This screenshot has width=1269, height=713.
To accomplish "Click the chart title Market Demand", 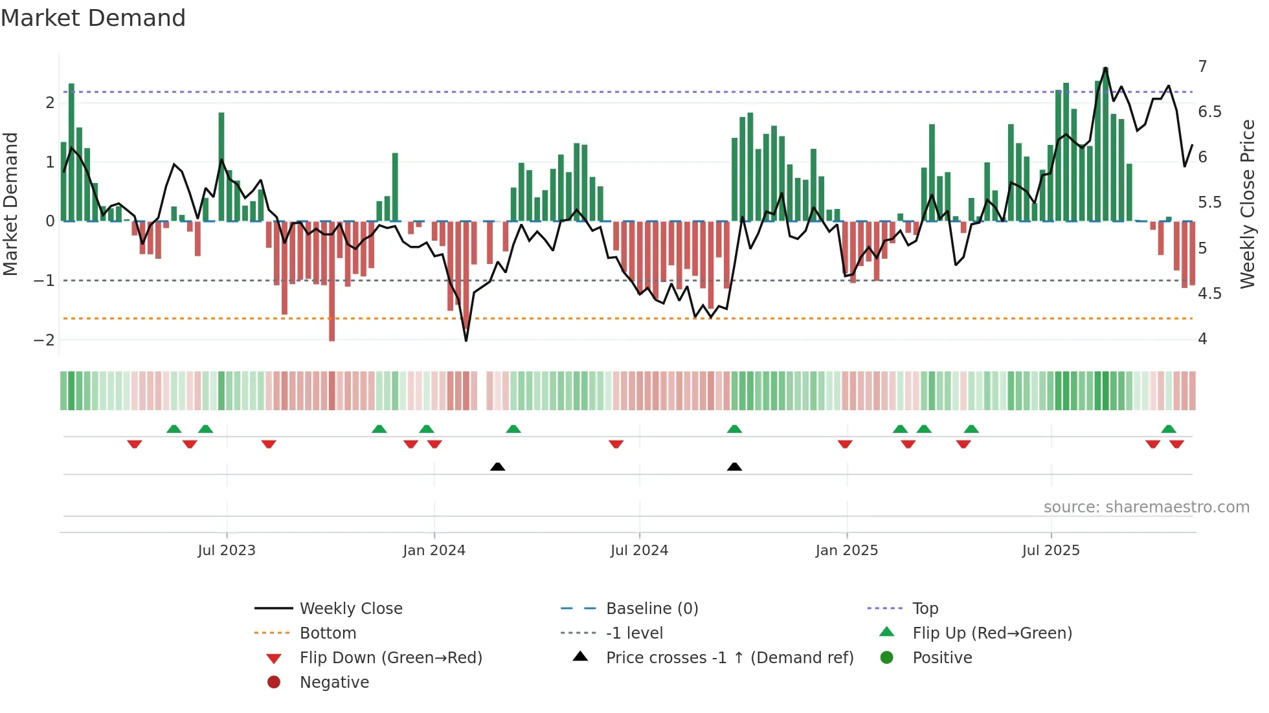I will click(x=93, y=18).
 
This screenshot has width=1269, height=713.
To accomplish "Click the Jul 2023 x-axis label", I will click(x=227, y=551).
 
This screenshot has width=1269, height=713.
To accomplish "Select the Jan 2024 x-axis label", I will click(x=434, y=551).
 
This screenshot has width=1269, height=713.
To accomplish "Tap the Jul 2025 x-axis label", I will click(x=1051, y=551).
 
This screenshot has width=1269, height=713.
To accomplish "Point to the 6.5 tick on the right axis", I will click(x=1209, y=112).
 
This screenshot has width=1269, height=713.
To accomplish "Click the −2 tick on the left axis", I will click(x=44, y=340).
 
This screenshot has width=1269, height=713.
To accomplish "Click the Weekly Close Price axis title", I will click(x=1247, y=204).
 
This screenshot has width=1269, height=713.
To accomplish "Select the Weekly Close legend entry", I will click(x=350, y=609).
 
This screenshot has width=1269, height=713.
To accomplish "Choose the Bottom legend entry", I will click(x=328, y=633).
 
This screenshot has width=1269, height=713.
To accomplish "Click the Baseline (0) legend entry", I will click(x=651, y=609).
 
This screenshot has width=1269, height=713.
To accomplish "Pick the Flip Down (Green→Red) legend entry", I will click(x=390, y=658).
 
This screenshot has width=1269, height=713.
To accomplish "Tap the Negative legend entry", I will click(x=334, y=683).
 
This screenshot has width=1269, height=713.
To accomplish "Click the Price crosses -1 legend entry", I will click(x=729, y=658).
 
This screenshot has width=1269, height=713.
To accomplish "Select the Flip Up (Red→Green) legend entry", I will click(x=992, y=633).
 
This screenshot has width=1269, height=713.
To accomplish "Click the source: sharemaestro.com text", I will click(x=1146, y=507).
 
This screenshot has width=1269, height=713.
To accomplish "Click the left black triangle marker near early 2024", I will click(x=497, y=466).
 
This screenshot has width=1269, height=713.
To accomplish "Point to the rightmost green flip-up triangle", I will click(x=1169, y=429).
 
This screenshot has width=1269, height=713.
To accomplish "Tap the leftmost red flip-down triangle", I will click(x=135, y=444).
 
